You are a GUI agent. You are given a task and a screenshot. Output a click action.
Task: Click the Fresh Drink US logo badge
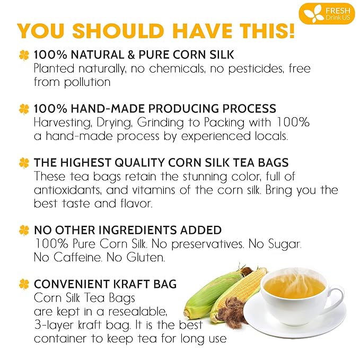pyautogui.click(x=326, y=13)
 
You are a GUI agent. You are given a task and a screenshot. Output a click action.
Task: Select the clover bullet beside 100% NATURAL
pyautogui.click(x=24, y=55)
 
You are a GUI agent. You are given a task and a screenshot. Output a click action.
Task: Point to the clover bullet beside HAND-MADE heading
pyautogui.click(x=24, y=109)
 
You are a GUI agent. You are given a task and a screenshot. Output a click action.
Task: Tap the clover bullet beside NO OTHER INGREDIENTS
pyautogui.click(x=24, y=231)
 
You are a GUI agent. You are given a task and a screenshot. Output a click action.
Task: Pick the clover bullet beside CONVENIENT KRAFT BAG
pyautogui.click(x=24, y=284)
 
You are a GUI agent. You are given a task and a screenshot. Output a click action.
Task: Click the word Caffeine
pyautogui.click(x=73, y=258)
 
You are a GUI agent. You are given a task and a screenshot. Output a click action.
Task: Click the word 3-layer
pyautogui.click(x=55, y=324)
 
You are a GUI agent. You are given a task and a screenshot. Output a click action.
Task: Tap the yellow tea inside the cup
pyautogui.click(x=294, y=287)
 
